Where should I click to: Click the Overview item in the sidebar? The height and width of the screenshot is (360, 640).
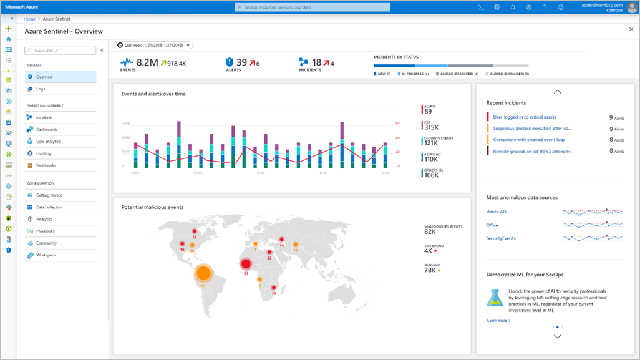44,77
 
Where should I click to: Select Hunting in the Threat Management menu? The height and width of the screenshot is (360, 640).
44,153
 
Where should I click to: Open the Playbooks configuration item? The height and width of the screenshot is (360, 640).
46,231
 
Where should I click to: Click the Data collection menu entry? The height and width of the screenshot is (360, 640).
49,207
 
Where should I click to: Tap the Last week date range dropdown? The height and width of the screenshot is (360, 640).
153,45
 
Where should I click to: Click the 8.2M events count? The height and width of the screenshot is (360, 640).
147,62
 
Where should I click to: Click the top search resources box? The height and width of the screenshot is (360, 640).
313,7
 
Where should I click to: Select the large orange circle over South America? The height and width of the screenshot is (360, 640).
203,273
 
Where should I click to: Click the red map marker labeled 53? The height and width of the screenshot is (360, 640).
246,265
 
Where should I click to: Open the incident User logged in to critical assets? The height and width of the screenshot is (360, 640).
524,117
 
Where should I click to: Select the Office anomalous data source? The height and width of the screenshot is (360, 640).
493,225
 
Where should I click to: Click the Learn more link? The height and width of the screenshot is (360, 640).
498,320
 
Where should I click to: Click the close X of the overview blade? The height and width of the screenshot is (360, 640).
630,29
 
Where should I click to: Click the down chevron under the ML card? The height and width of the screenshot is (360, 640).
558,336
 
